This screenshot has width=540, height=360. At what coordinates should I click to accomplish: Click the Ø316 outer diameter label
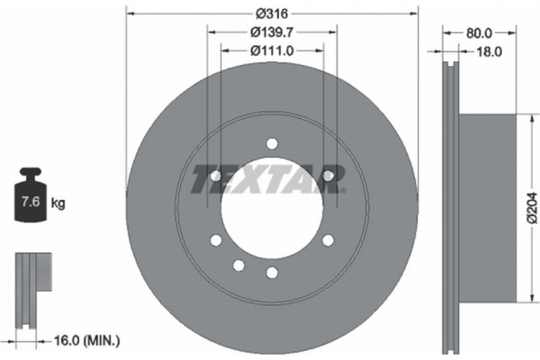pyautogui.click(x=272, y=13)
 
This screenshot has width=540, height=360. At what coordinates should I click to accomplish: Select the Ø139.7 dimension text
pyautogui.click(x=272, y=32)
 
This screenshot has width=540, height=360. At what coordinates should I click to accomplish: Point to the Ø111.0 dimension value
pyautogui.click(x=272, y=51)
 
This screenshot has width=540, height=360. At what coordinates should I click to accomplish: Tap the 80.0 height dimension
pyautogui.click(x=479, y=33)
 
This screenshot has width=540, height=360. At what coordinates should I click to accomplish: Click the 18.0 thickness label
pyautogui.click(x=489, y=51)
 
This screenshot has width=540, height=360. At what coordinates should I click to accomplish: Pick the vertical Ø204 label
pyautogui.click(x=532, y=208)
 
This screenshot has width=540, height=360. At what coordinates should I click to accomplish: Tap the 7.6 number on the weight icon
pyautogui.click(x=31, y=202)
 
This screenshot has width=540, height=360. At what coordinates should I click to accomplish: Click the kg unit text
pyautogui.click(x=58, y=203)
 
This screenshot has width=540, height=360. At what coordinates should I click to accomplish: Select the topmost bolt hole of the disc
pyautogui.click(x=272, y=144)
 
